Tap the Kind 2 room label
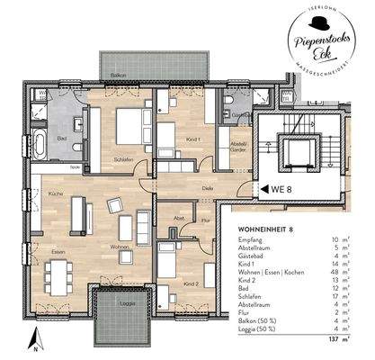(x=191, y=283)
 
